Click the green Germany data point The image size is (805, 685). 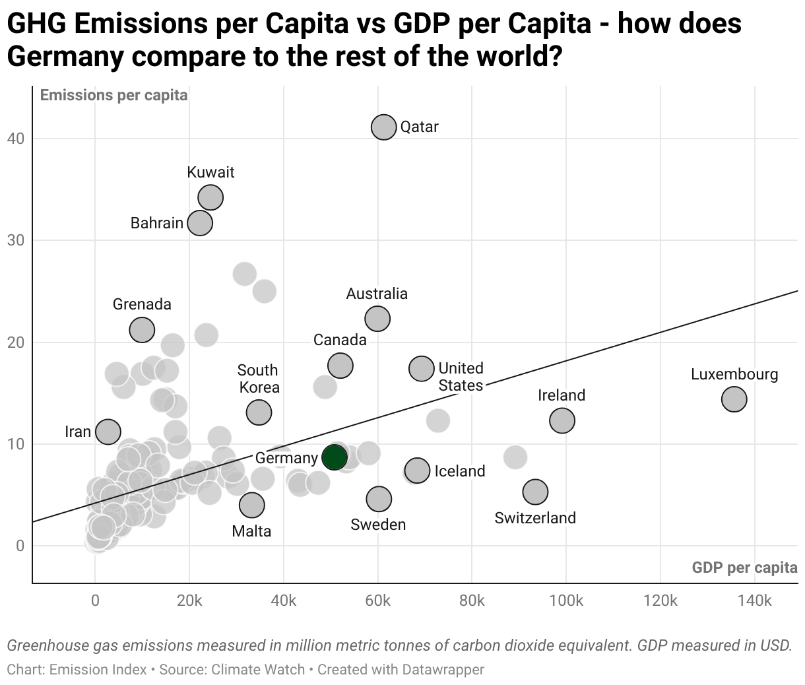(x=335, y=457)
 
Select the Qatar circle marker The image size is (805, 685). (x=383, y=127)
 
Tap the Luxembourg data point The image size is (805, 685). (x=734, y=399)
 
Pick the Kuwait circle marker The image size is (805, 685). (x=210, y=197)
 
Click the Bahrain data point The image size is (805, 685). (x=200, y=223)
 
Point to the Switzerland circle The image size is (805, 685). (x=535, y=491)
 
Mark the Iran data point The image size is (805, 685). (x=108, y=432)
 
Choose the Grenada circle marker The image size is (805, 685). (x=142, y=329)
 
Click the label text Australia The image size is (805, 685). (x=377, y=294)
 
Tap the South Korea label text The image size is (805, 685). (x=258, y=379)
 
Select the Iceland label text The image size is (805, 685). (x=459, y=471)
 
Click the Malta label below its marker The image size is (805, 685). (x=251, y=531)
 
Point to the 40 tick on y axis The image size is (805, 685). (x=16, y=139)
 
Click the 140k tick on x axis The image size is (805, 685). (x=754, y=601)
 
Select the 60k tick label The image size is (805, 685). (x=378, y=601)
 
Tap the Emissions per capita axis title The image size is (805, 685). (x=113, y=95)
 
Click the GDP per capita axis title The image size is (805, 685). (x=744, y=568)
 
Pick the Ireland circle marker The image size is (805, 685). (x=562, y=420)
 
